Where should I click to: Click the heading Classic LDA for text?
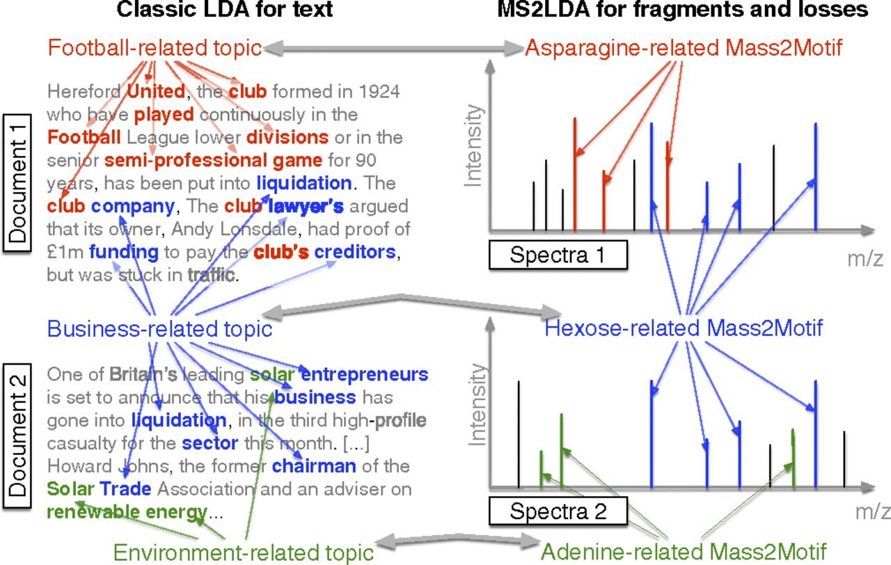pyautogui.click(x=214, y=10)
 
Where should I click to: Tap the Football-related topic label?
pyautogui.click(x=155, y=48)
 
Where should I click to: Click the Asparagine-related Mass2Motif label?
pyautogui.click(x=684, y=48)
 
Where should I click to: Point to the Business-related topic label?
pyautogui.click(x=159, y=328)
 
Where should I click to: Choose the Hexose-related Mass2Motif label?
pyautogui.click(x=684, y=328)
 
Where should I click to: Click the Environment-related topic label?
pyautogui.click(x=244, y=552)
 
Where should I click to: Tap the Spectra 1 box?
pyautogui.click(x=558, y=255)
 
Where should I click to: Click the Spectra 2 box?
pyautogui.click(x=558, y=512)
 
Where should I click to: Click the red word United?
pyautogui.click(x=157, y=91)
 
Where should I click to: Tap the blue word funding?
pyautogui.click(x=123, y=252)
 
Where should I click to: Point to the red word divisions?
pyautogui.click(x=287, y=137)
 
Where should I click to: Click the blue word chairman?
pyautogui.click(x=314, y=465)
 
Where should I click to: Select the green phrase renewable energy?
pyautogui.click(x=127, y=514)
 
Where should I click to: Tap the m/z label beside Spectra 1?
pyautogui.click(x=865, y=258)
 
